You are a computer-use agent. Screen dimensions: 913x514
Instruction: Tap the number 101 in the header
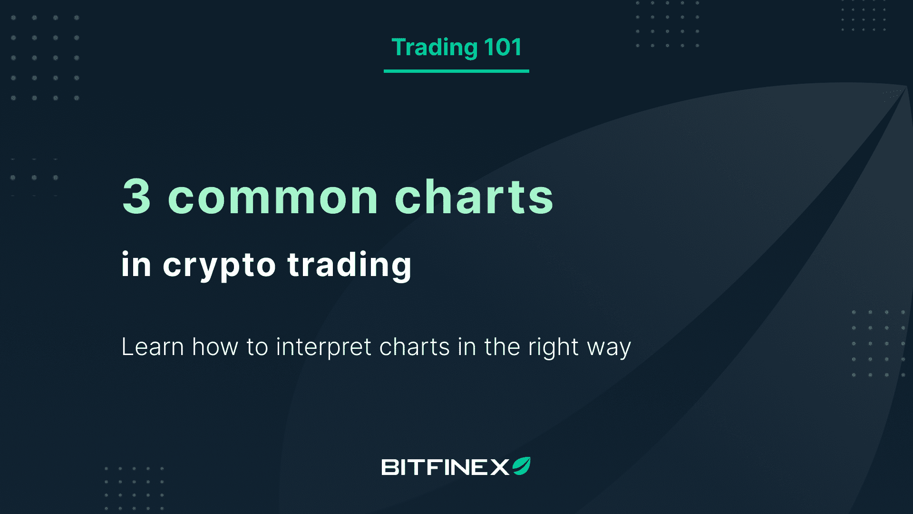[x=503, y=47]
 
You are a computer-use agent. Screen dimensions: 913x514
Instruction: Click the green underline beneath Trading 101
[x=456, y=71]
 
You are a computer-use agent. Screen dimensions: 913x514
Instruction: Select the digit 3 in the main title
[x=136, y=196]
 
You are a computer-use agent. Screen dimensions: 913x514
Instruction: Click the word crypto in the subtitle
[x=219, y=266]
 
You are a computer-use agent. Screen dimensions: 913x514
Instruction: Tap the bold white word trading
[x=350, y=266]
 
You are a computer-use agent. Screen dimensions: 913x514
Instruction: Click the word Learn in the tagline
[x=153, y=346]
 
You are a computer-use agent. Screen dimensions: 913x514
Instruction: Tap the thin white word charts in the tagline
[x=415, y=346]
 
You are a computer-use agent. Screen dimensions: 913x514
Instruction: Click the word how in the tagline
[x=215, y=346]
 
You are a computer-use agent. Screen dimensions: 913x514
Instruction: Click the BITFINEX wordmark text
[x=446, y=467]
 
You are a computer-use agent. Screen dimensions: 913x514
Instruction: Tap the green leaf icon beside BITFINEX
[x=521, y=466]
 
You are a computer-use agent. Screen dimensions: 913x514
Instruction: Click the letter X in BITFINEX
[x=500, y=467]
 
